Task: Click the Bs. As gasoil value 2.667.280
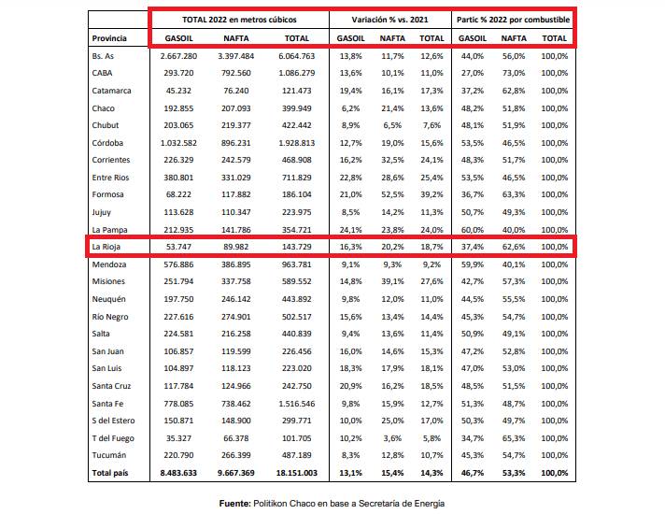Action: pyautogui.click(x=178, y=56)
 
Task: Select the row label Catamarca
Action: pyautogui.click(x=111, y=91)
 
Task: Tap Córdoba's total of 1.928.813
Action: pyautogui.click(x=296, y=143)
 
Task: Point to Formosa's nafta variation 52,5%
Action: pyautogui.click(x=392, y=194)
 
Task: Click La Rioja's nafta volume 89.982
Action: pyautogui.click(x=235, y=247)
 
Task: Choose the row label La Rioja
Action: pyautogui.click(x=106, y=247)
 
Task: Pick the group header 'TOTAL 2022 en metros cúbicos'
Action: pyautogui.click(x=239, y=20)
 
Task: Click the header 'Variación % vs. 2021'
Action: pyautogui.click(x=389, y=20)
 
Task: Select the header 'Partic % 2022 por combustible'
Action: pyautogui.click(x=513, y=20)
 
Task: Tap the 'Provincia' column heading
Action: pyautogui.click(x=109, y=38)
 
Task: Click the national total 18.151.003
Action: pyautogui.click(x=296, y=473)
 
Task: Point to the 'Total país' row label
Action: pyautogui.click(x=110, y=473)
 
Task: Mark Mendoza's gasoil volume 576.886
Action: pyautogui.click(x=178, y=264)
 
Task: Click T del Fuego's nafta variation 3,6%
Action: pyautogui.click(x=392, y=438)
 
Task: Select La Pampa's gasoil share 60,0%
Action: pyautogui.click(x=472, y=230)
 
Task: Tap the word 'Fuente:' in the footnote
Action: pyautogui.click(x=235, y=504)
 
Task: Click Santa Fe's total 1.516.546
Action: pyautogui.click(x=296, y=404)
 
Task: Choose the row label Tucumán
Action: pyautogui.click(x=109, y=455)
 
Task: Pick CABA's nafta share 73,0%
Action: pyautogui.click(x=514, y=73)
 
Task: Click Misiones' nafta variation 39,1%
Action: pyautogui.click(x=392, y=281)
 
